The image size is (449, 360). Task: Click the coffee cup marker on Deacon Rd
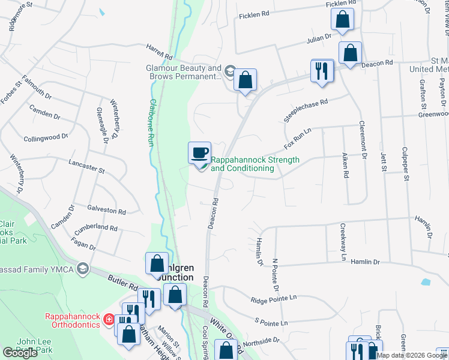click(x=200, y=152)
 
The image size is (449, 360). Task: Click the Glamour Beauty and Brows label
click(x=184, y=72)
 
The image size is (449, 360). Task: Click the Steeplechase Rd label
click(x=307, y=111)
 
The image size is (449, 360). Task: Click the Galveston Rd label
click(x=106, y=212)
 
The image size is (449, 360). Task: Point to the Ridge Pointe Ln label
click(x=274, y=298)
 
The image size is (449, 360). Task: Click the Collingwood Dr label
click(x=46, y=137)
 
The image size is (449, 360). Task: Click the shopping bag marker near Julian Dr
click(x=342, y=20)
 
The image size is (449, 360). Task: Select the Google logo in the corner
click(x=20, y=352)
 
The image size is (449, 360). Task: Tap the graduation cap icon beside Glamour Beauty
click(x=229, y=72)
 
